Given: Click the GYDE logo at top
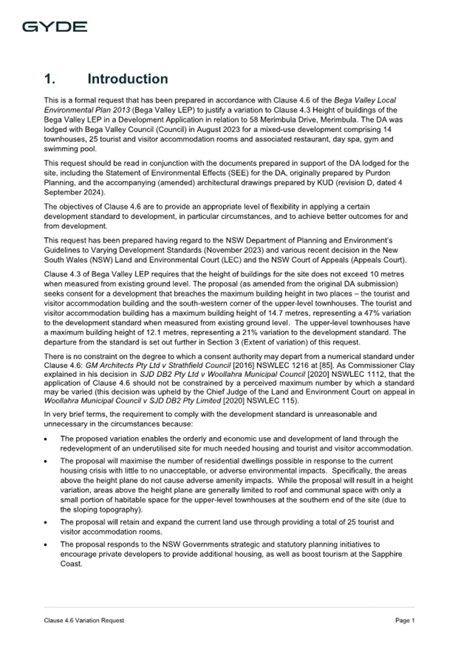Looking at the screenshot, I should coord(54,27).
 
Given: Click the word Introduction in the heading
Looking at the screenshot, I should coord(128,79).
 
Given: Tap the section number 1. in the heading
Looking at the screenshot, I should coord(50,79).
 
